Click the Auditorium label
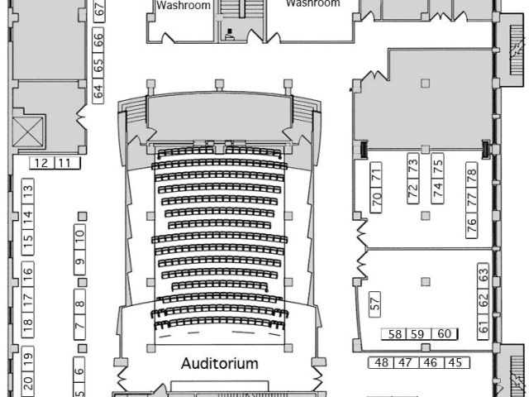click(x=220, y=363)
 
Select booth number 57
click(x=375, y=303)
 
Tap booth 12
click(x=41, y=162)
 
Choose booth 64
click(x=98, y=91)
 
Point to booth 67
click(x=98, y=9)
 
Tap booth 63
click(x=484, y=273)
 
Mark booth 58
click(x=395, y=334)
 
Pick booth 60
click(x=443, y=334)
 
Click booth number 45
click(x=455, y=362)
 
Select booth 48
click(x=382, y=362)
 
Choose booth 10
click(x=80, y=235)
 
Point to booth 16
click(x=27, y=271)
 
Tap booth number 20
click(x=27, y=382)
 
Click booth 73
click(x=412, y=165)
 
